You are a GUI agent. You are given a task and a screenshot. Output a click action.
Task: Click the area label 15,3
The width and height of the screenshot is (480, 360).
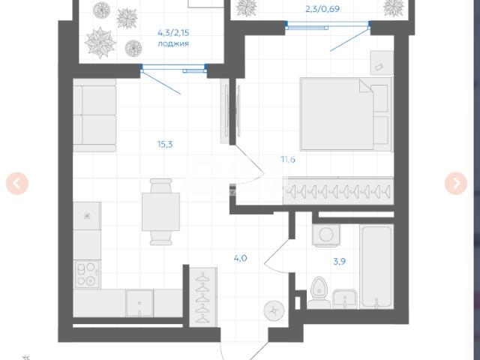165,144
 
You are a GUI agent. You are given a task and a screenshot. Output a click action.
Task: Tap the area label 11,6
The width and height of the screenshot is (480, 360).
288,160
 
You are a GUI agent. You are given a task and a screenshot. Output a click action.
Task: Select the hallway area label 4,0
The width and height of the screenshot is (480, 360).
240,258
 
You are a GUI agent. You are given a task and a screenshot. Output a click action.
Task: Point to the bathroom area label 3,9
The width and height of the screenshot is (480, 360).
340,262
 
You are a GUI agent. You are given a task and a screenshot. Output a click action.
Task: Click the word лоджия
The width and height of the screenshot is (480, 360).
173,43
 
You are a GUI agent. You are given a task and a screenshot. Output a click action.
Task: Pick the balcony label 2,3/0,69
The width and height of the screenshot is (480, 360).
322,9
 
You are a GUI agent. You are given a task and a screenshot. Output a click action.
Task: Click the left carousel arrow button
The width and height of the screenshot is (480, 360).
17,183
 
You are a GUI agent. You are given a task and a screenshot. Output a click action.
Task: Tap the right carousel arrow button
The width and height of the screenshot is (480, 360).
456,183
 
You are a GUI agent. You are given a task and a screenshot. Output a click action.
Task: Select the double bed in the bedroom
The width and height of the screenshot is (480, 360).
346,114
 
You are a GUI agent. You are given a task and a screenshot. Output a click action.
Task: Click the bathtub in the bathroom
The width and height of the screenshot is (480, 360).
376,267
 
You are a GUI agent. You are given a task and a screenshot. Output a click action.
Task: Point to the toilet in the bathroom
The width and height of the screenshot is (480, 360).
319,293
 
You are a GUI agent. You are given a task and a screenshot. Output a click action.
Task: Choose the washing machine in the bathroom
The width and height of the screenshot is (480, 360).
326,235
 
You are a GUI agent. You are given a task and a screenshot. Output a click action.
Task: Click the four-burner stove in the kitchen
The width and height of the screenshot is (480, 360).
87,274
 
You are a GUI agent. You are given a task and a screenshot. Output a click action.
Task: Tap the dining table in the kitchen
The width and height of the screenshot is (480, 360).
160,211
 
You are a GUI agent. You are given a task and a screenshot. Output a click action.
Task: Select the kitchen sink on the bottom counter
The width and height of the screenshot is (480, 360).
139,303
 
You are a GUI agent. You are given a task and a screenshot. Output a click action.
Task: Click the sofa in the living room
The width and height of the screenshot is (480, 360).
94,115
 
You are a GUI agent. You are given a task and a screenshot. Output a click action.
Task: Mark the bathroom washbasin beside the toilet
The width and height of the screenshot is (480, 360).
345,298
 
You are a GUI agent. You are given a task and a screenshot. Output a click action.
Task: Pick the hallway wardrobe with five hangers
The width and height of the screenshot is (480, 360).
203,297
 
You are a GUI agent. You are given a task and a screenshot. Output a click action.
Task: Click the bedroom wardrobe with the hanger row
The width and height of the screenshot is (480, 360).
338,191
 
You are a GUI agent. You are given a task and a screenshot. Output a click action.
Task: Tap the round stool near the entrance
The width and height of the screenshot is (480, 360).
274,311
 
